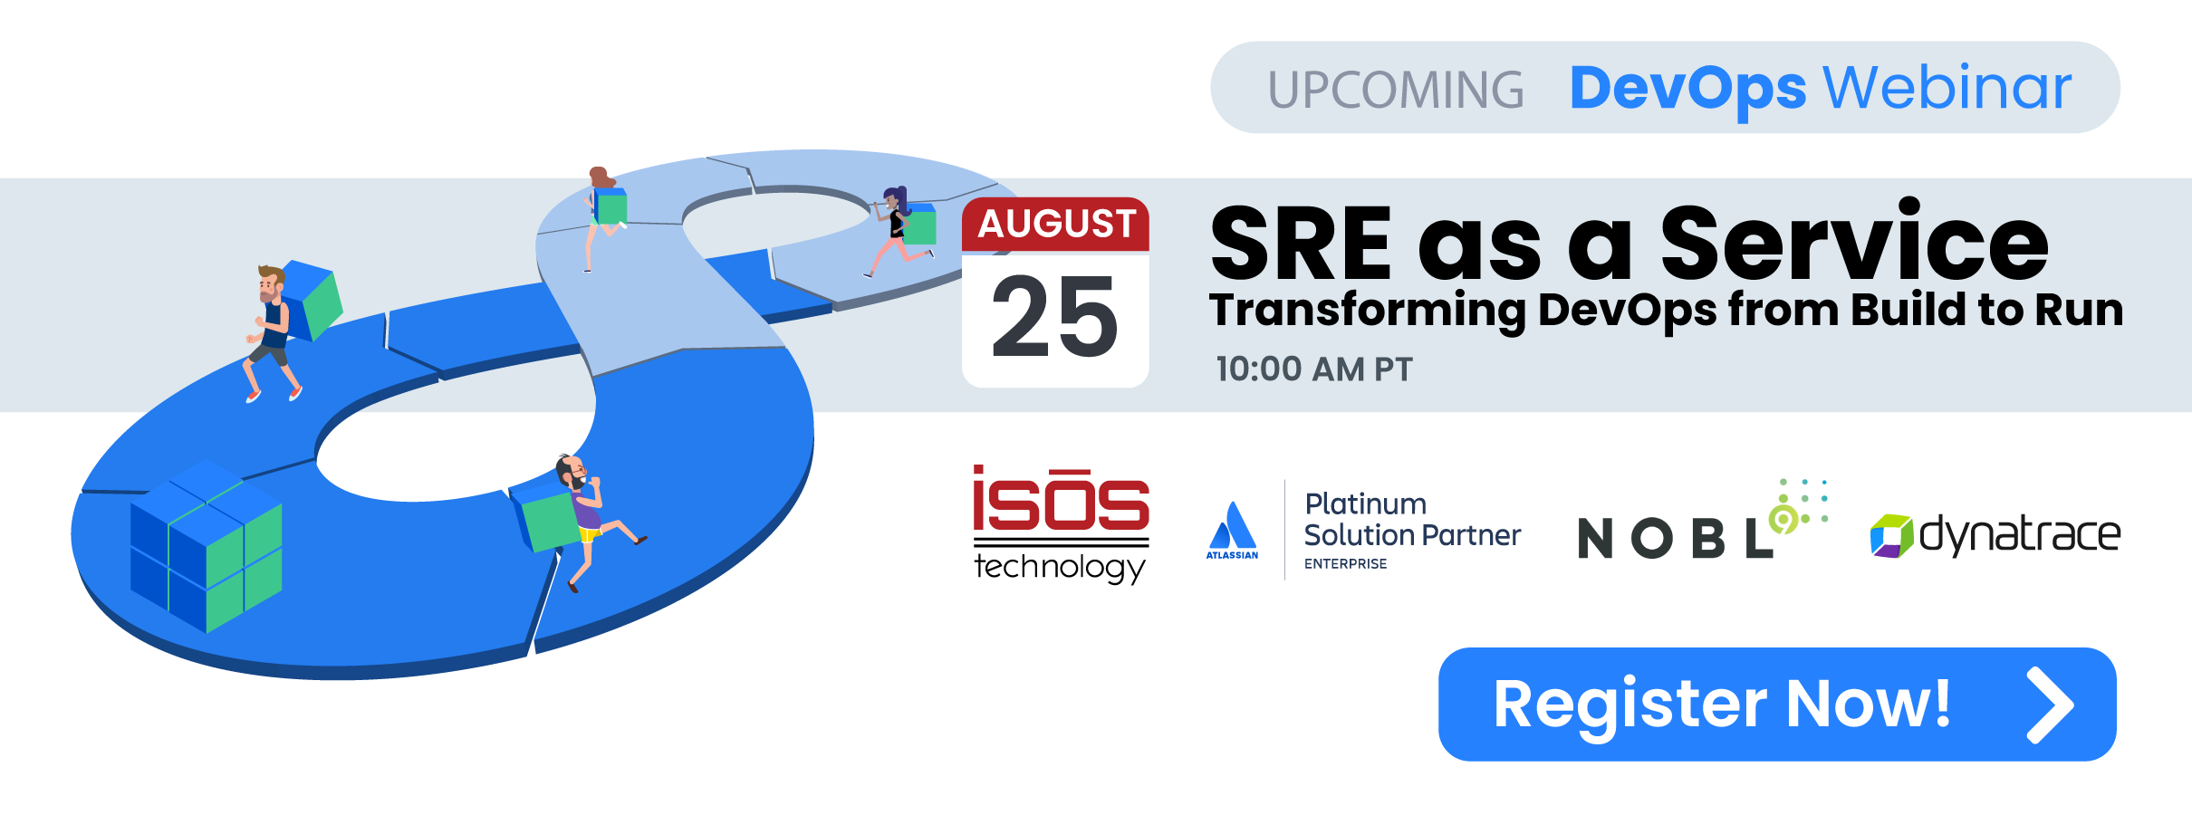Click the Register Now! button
coord(1777,704)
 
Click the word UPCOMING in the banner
coord(1396,90)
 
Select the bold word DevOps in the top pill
coord(1687,90)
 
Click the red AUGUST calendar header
coord(1056,224)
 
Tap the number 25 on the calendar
coord(1055,317)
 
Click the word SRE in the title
coord(1301,244)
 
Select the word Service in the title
coord(1854,241)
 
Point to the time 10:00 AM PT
coord(1314,369)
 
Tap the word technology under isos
coord(1060,568)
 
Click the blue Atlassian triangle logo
coord(1232,525)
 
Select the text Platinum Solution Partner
coord(1412,520)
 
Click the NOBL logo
coord(1703,521)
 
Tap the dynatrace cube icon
coord(1892,535)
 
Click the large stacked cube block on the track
coord(207,546)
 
